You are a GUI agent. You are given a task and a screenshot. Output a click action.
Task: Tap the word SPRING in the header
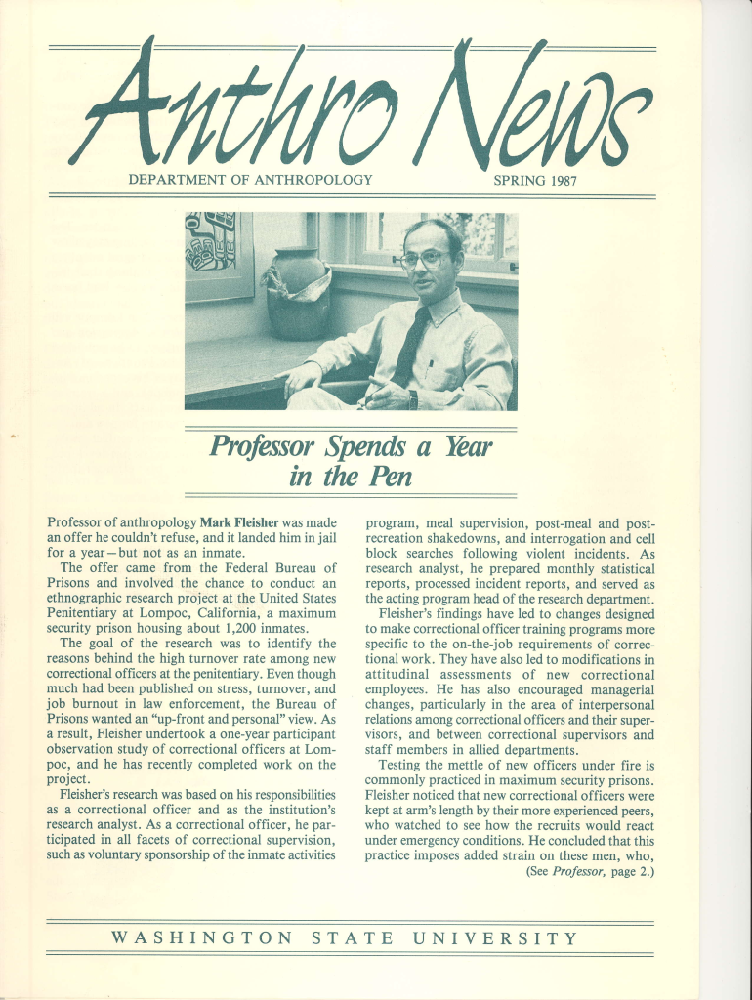519,180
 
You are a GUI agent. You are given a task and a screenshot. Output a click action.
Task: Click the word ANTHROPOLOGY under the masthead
314,180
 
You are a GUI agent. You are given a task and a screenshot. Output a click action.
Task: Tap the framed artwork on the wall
219,256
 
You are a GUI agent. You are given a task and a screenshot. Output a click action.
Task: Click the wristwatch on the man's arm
412,398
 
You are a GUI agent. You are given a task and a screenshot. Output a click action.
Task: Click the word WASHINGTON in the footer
202,939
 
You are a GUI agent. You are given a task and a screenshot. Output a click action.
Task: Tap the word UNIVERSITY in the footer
495,939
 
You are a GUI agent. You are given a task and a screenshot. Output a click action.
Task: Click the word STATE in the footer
353,939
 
